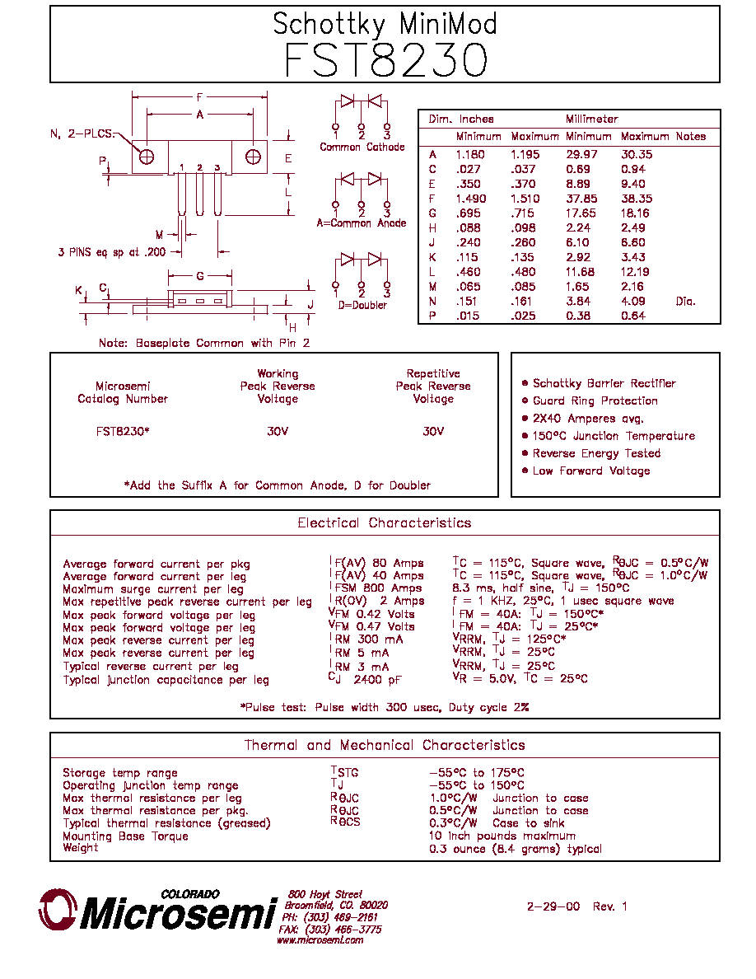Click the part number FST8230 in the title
click(385, 60)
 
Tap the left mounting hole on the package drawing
click(147, 157)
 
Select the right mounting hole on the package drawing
click(253, 157)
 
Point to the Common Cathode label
click(362, 148)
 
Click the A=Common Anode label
click(362, 222)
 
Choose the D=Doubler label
click(362, 305)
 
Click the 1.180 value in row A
click(470, 155)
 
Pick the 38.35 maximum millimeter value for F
click(637, 199)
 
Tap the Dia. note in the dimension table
click(685, 302)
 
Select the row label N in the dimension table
click(432, 302)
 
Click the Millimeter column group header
click(591, 119)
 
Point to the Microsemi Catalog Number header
click(123, 393)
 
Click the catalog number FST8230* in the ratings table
click(123, 432)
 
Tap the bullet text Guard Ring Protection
click(595, 400)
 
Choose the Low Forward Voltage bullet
click(591, 471)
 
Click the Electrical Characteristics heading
click(385, 523)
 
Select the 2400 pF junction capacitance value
click(377, 680)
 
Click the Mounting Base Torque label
click(125, 836)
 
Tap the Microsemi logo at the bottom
click(158, 911)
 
